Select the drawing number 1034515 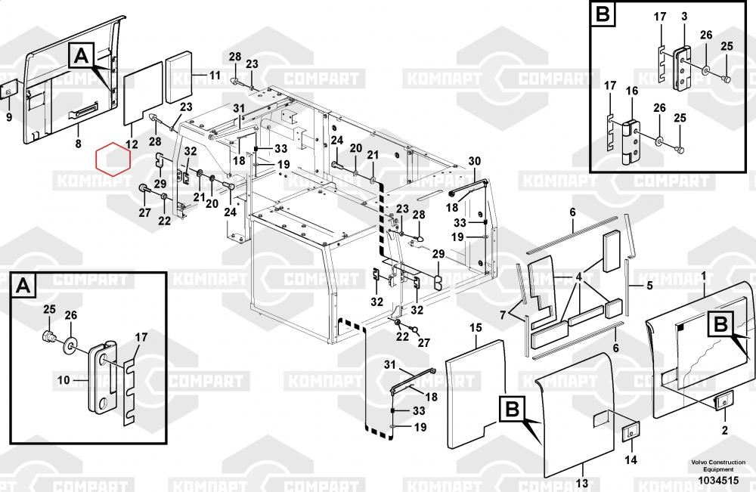(x=717, y=478)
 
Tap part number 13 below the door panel (x=581, y=482)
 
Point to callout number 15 (x=476, y=327)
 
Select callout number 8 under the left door (x=77, y=142)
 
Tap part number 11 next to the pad (x=215, y=75)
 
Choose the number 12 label (x=131, y=144)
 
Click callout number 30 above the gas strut (x=475, y=161)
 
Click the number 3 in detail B (x=683, y=17)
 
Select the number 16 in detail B (x=632, y=91)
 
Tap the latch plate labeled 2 (x=724, y=403)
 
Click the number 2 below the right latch (x=724, y=431)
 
